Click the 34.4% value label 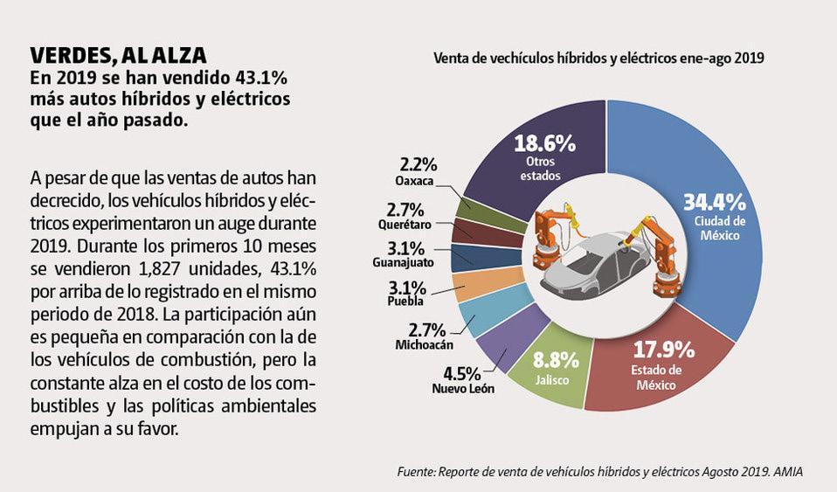point(714,202)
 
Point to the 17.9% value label point(663,350)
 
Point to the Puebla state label point(406,301)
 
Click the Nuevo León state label point(462,388)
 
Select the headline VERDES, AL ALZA point(119,55)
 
